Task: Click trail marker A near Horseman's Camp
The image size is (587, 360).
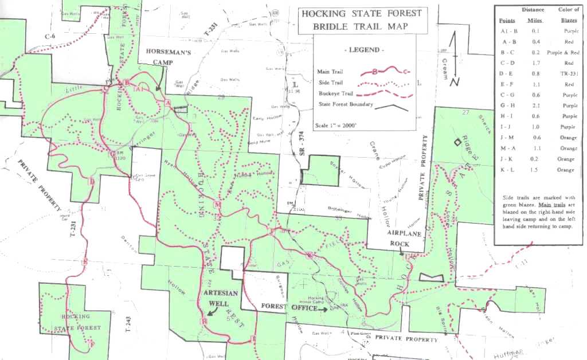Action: [x=168, y=103]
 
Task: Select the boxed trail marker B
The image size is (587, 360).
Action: [x=126, y=83]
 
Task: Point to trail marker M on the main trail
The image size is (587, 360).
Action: [x=217, y=205]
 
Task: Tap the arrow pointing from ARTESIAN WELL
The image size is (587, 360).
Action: [x=212, y=310]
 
